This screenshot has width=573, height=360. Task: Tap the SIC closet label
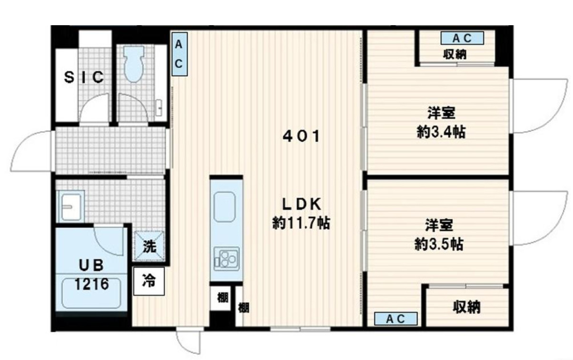coord(84,78)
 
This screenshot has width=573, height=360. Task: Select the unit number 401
coord(301,137)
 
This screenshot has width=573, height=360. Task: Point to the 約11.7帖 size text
coord(301,223)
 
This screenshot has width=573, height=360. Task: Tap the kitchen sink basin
coord(225,206)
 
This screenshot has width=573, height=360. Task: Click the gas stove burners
coord(226,259)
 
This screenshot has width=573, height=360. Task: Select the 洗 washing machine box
coord(149,246)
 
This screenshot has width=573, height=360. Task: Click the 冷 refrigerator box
coord(149,282)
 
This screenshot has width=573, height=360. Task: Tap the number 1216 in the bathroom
coord(91,284)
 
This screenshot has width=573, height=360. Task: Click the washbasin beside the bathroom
coord(70,206)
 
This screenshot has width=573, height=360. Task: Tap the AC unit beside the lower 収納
coord(395,319)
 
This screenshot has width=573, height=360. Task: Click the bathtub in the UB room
coord(92,293)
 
